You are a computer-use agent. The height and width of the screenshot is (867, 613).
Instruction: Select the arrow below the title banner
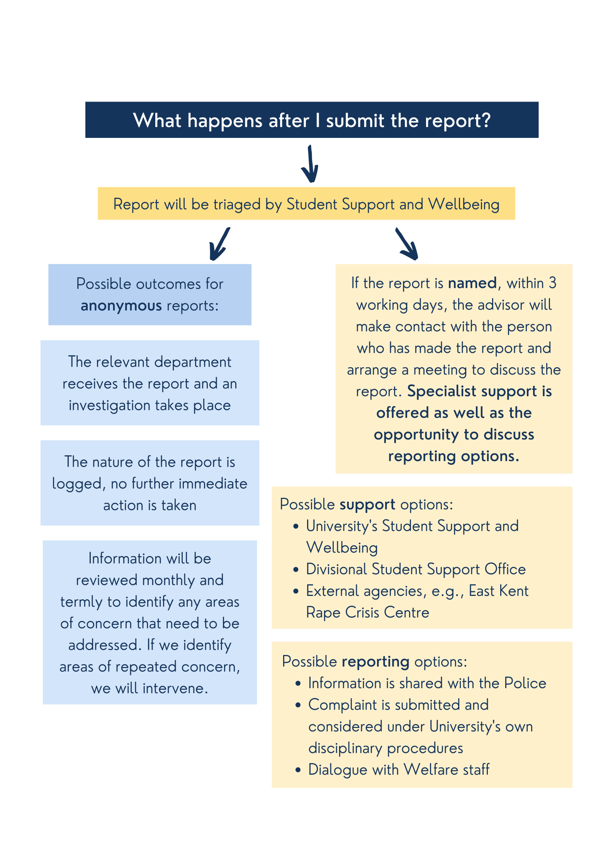click(x=310, y=164)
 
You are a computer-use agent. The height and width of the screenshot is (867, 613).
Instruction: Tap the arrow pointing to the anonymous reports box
click(x=219, y=244)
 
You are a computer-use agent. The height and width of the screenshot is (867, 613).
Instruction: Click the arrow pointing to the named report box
click(x=407, y=244)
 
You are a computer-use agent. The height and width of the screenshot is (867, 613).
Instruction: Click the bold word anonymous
click(x=121, y=306)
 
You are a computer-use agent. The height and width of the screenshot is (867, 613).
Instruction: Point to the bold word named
click(x=472, y=283)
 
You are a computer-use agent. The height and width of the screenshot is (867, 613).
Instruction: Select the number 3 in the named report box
click(x=552, y=283)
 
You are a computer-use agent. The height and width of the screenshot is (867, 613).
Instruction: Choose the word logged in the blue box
click(x=76, y=484)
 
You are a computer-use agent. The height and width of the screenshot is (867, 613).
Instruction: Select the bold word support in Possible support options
click(x=367, y=505)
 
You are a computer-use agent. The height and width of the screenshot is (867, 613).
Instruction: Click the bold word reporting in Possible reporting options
click(x=375, y=662)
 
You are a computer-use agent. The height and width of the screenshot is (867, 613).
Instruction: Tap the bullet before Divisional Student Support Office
click(x=296, y=570)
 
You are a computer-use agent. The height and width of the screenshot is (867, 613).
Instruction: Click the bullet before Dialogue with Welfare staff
click(x=298, y=770)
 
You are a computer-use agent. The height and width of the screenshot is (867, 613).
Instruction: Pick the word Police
click(x=525, y=683)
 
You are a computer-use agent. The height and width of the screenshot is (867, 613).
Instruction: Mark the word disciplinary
click(x=345, y=748)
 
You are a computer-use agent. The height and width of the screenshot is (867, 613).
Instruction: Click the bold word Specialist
click(x=441, y=391)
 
